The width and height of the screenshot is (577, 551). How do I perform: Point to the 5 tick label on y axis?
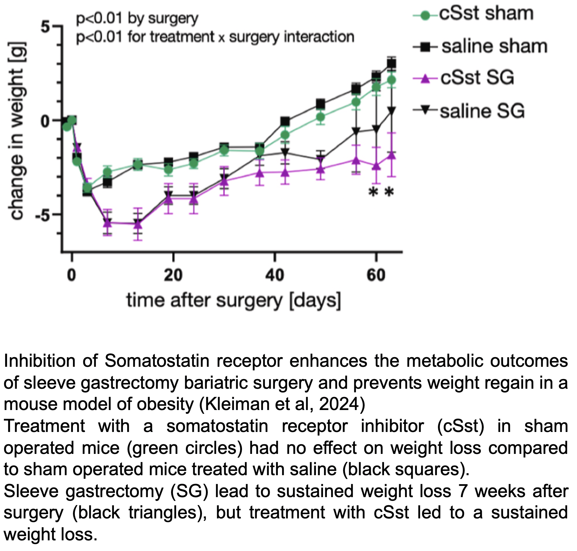click(x=46, y=27)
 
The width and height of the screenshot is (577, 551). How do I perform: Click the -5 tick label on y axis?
click(x=43, y=215)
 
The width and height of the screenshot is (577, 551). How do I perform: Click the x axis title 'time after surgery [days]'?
click(x=234, y=301)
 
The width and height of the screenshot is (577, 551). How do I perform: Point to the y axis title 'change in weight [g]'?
click(x=17, y=131)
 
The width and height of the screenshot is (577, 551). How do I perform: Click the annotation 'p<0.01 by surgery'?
click(x=137, y=18)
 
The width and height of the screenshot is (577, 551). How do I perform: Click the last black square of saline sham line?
click(x=391, y=64)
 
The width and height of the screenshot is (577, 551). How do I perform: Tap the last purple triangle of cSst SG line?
click(x=391, y=155)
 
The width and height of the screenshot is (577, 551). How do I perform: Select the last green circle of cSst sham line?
click(x=391, y=80)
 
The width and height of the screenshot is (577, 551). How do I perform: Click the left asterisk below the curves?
click(x=373, y=192)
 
